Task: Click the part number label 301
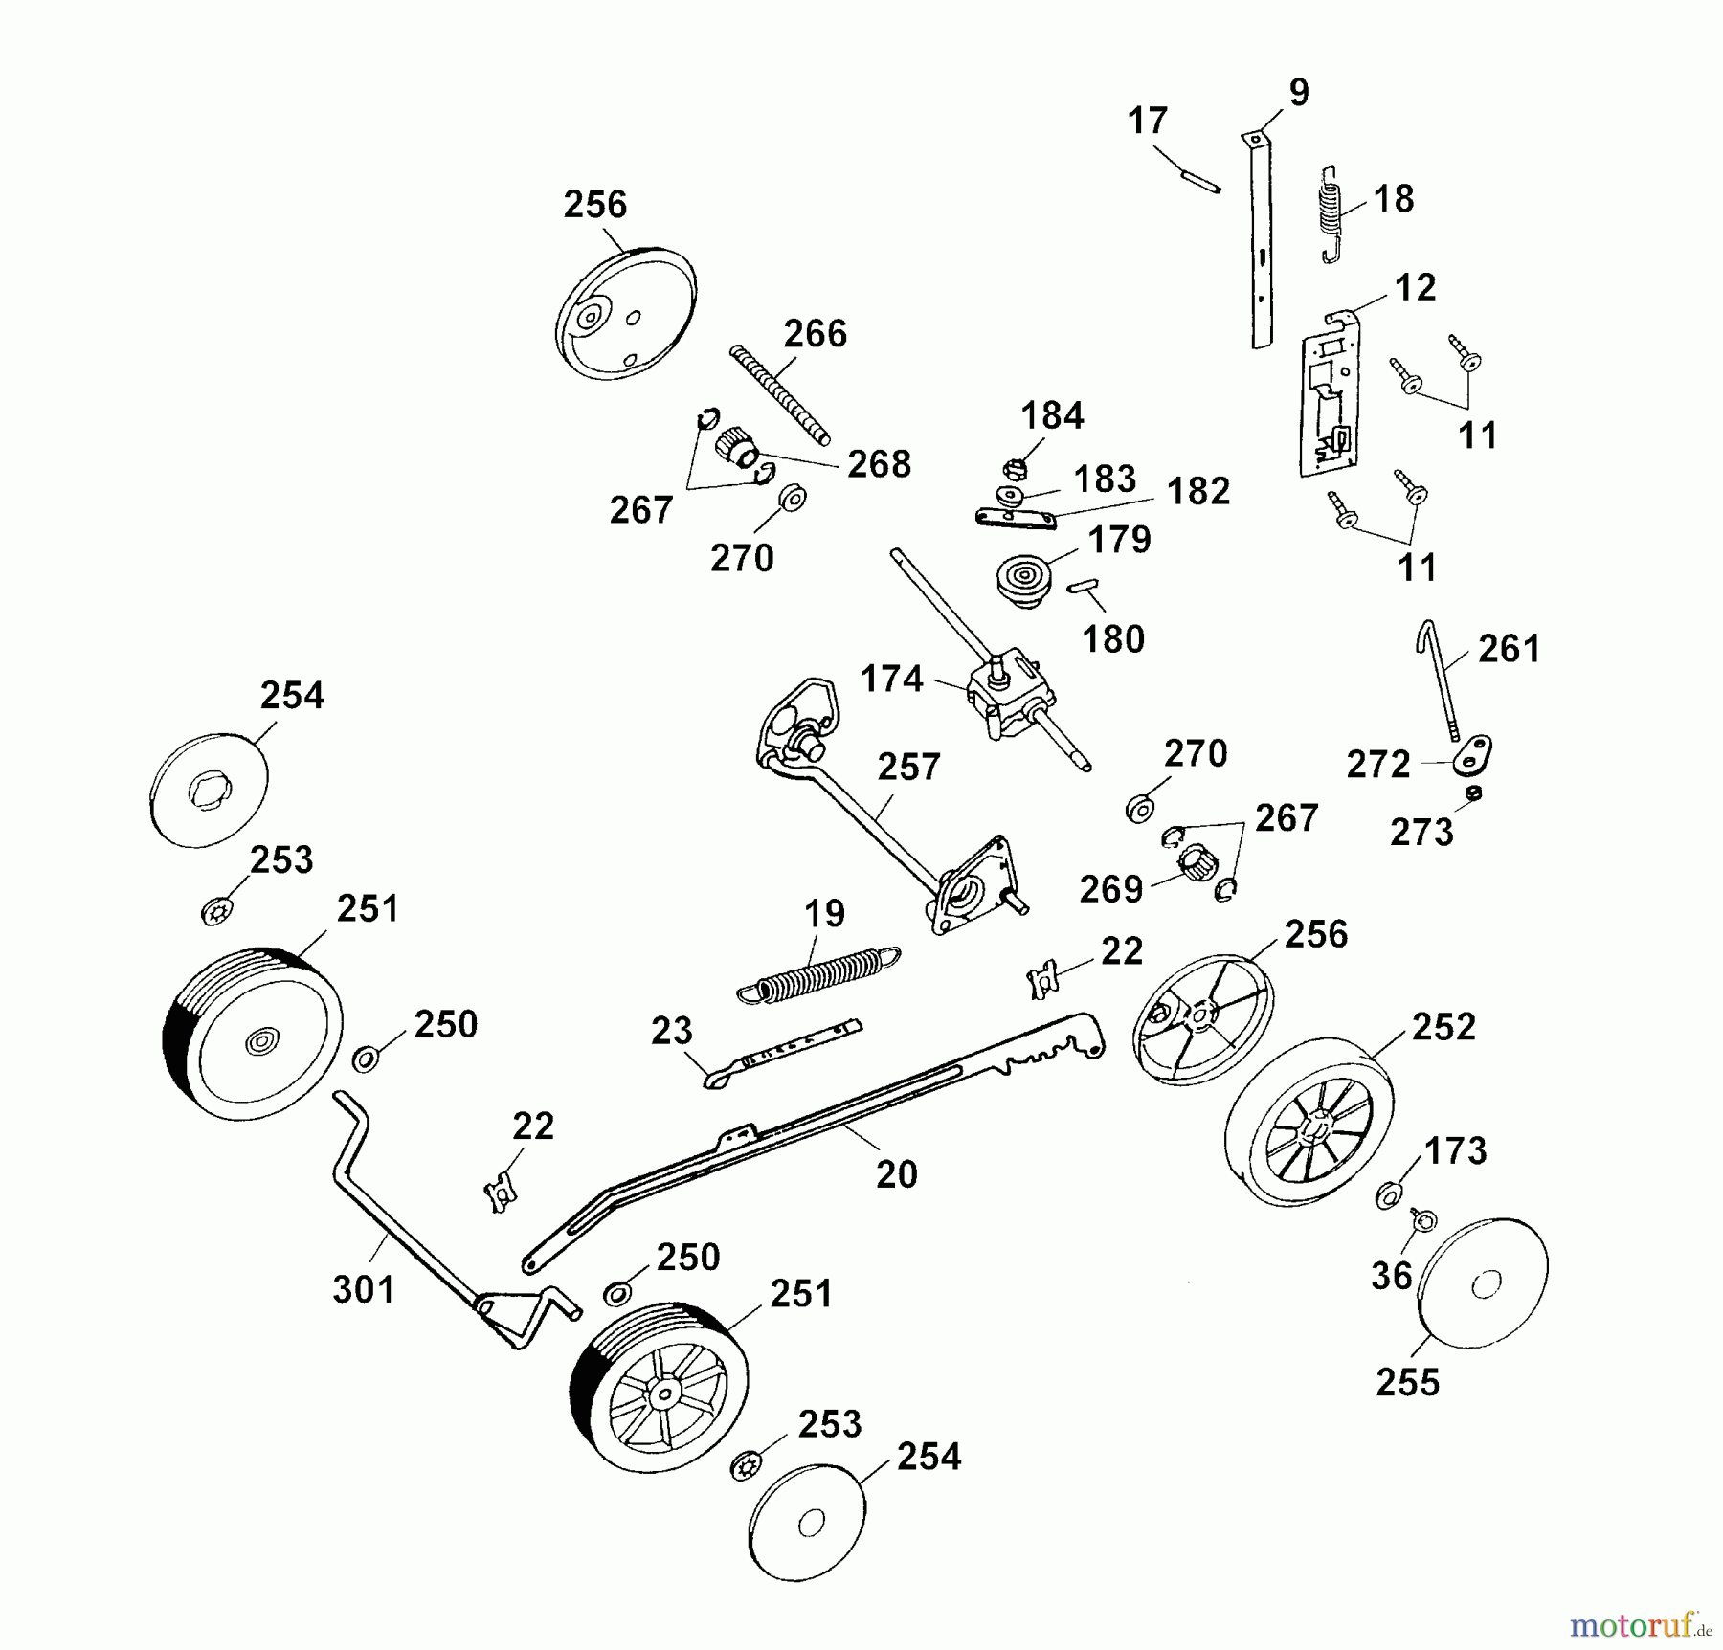[364, 1289]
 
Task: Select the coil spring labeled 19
[819, 974]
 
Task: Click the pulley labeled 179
[1022, 577]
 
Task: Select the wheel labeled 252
[1309, 1122]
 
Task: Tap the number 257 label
[908, 767]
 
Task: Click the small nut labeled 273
[1474, 792]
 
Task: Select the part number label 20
[896, 1174]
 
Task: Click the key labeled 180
[1083, 586]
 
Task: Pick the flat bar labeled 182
[1016, 518]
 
